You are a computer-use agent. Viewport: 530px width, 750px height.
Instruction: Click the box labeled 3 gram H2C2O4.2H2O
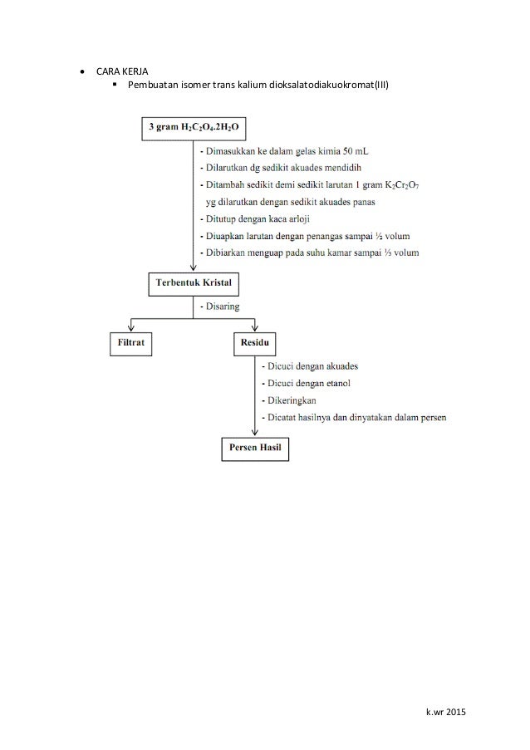point(194,130)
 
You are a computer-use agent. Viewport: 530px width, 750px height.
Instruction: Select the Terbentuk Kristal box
point(194,284)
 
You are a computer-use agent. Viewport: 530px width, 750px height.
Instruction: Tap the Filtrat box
point(130,343)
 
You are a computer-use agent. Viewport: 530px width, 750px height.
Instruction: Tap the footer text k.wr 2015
point(445,713)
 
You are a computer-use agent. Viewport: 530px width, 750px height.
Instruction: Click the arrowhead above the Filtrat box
point(130,329)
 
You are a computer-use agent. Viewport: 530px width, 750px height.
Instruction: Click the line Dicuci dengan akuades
point(313,366)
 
